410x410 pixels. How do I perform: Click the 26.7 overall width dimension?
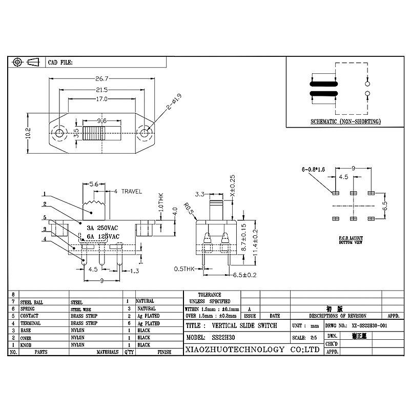coord(101,79)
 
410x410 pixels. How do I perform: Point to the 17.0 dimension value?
coord(101,99)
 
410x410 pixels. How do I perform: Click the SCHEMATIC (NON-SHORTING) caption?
coord(345,121)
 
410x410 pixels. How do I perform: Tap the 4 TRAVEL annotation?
coord(128,191)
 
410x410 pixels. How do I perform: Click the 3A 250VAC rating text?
coord(102,228)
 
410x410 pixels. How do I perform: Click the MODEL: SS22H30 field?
coord(211,338)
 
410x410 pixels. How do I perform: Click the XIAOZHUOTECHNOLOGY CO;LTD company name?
coord(252,350)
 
